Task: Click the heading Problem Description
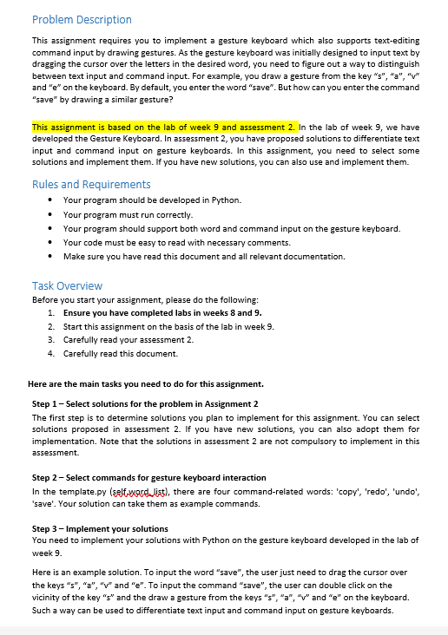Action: pos(82,19)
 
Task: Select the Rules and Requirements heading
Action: pos(91,184)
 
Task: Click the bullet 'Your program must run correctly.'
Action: pos(128,214)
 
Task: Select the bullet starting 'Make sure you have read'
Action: pos(204,257)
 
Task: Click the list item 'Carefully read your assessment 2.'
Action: pos(128,339)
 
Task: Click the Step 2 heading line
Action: pos(149,478)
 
